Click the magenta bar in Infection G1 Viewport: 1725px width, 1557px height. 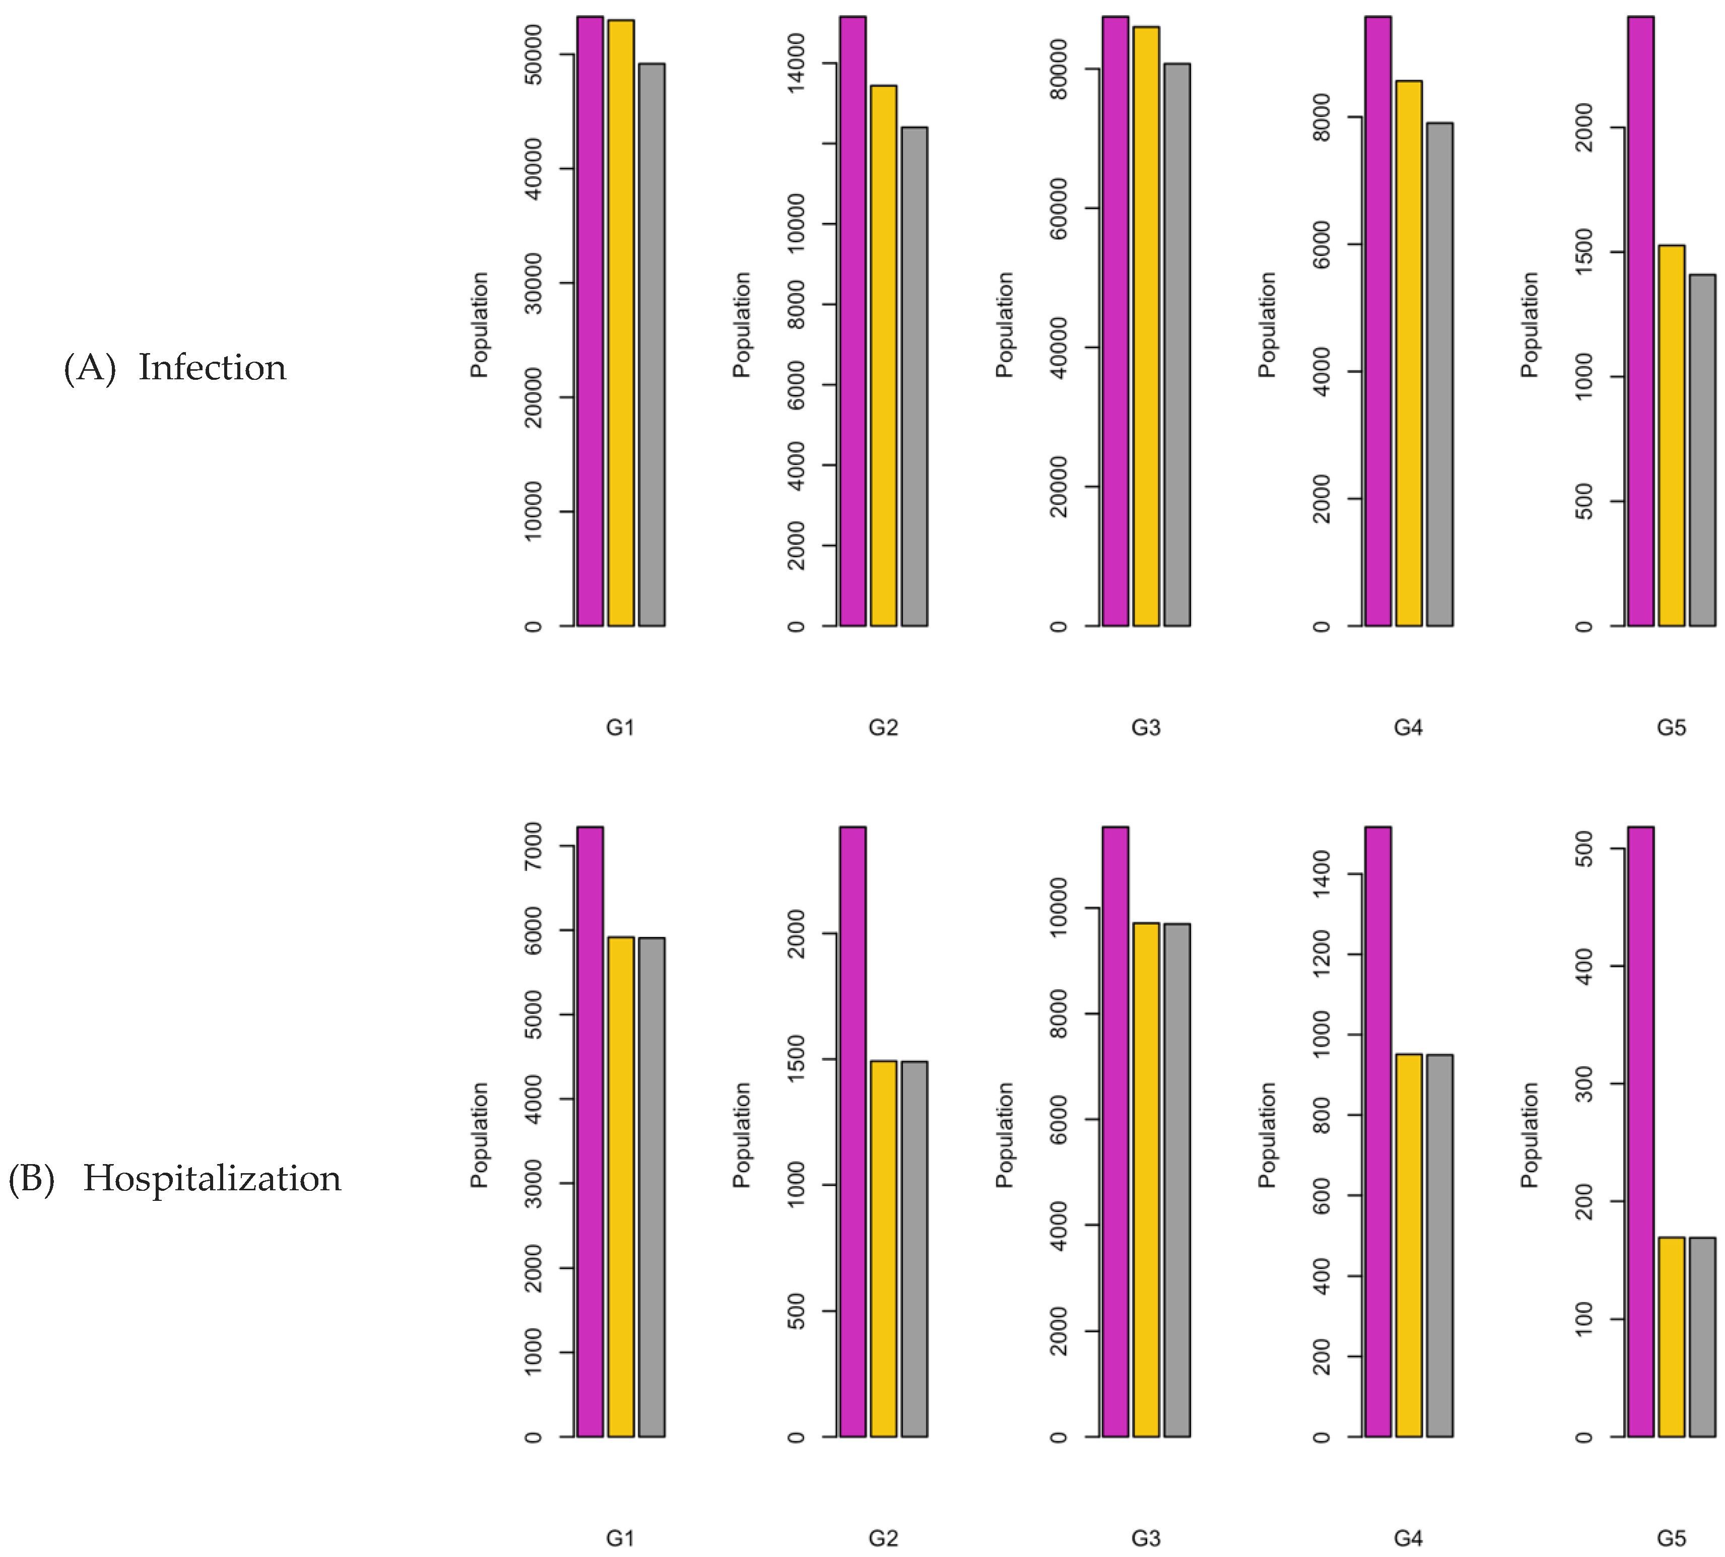pos(589,321)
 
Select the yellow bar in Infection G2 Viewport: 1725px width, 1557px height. pos(883,355)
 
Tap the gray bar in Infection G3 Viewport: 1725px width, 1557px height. pos(1176,344)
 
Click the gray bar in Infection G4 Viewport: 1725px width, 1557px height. pos(1439,374)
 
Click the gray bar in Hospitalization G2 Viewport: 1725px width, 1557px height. pos(914,1249)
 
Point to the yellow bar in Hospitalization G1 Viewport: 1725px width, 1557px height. pos(620,1187)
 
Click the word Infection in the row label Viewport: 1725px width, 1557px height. pos(212,368)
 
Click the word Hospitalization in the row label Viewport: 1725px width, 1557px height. pos(212,1179)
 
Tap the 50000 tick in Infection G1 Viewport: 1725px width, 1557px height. pos(533,55)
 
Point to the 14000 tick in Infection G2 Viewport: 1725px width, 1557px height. pos(796,63)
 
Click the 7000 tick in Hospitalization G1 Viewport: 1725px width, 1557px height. pos(533,846)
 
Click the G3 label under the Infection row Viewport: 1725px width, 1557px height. pos(1146,728)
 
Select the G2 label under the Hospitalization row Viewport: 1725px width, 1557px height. pos(883,1539)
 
